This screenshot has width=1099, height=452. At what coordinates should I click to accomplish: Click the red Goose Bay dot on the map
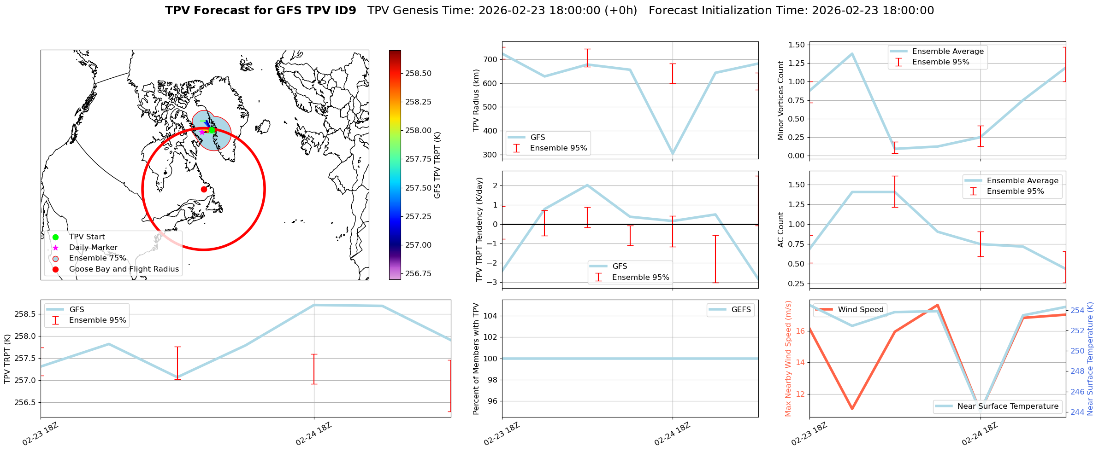click(x=204, y=189)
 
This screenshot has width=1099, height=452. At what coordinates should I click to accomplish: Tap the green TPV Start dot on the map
click(x=212, y=130)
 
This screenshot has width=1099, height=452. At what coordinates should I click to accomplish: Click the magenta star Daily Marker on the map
click(x=202, y=132)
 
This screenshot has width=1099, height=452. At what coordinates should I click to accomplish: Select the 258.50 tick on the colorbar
click(x=418, y=73)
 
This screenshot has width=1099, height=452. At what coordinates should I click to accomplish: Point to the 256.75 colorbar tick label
click(x=418, y=273)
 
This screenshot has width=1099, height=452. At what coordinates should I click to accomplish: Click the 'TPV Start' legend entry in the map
click(x=87, y=237)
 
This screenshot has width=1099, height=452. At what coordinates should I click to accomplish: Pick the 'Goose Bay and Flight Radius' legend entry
click(x=124, y=269)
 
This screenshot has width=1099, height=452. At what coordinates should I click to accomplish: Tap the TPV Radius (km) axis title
click(x=476, y=100)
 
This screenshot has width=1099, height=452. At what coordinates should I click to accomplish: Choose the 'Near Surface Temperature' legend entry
click(x=1007, y=406)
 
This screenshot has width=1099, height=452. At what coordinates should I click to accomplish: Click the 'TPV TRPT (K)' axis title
click(x=7, y=359)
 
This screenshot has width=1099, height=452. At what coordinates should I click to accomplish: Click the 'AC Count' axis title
click(x=780, y=230)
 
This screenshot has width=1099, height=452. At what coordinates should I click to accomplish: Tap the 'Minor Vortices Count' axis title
click(x=780, y=100)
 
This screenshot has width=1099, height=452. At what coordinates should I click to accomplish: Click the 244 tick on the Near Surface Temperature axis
click(x=1077, y=412)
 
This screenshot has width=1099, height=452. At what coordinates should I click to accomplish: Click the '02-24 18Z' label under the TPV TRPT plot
click(x=314, y=434)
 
